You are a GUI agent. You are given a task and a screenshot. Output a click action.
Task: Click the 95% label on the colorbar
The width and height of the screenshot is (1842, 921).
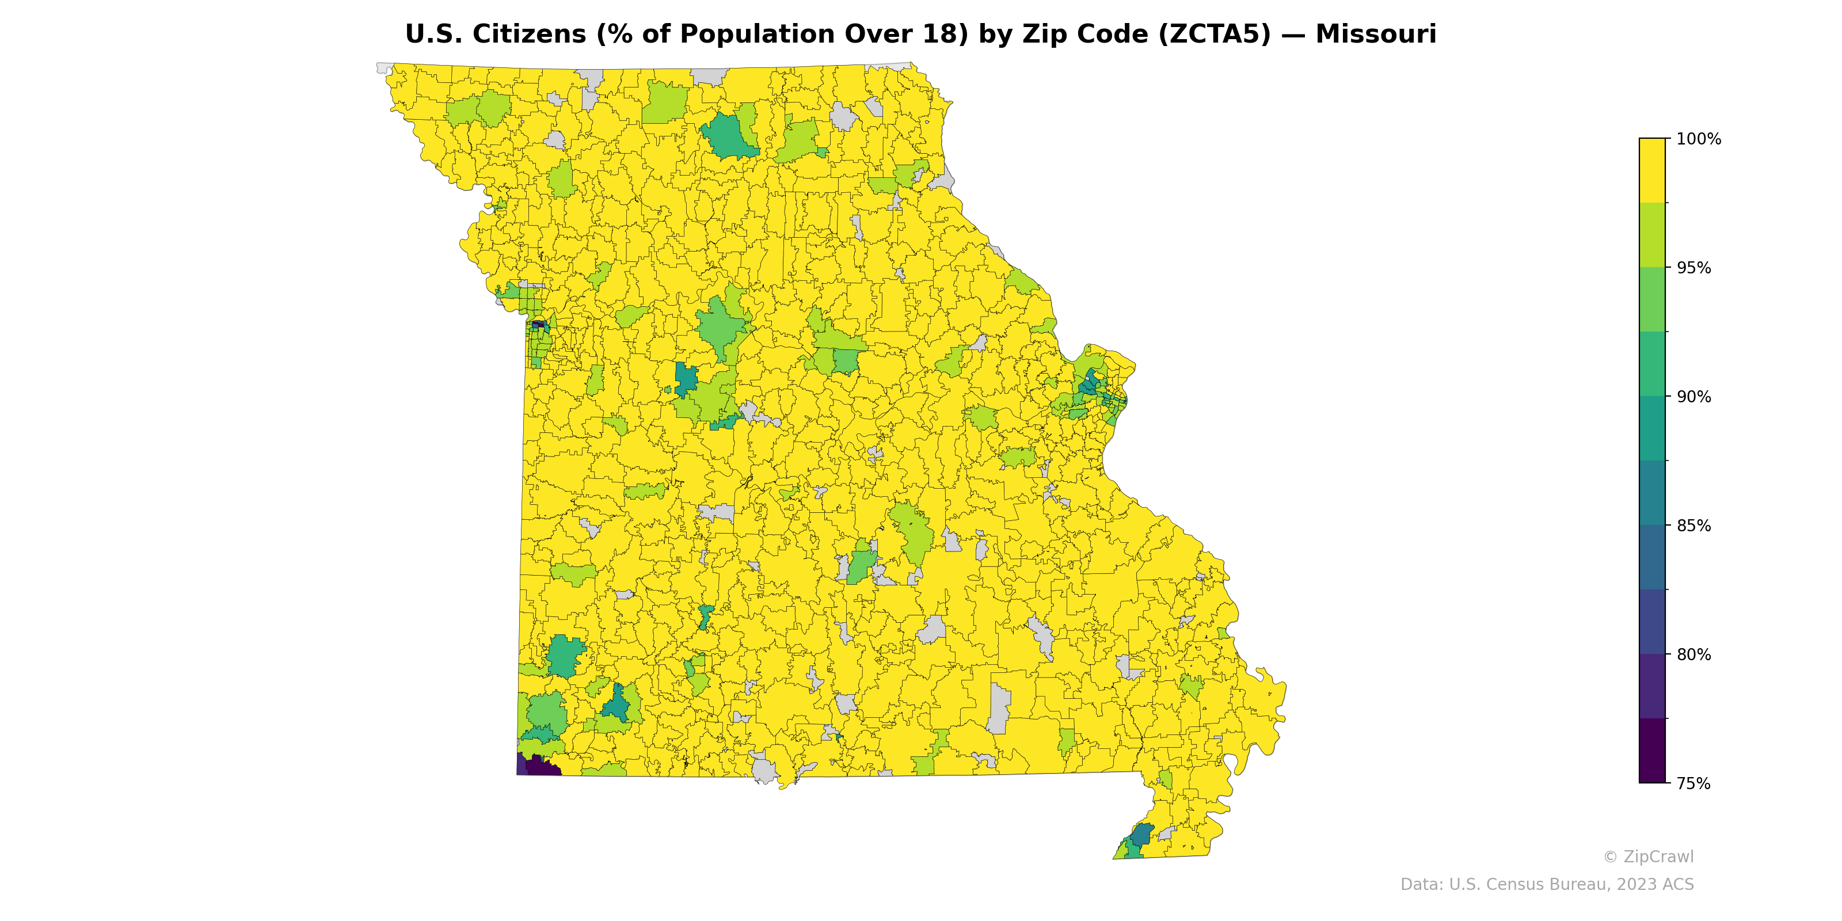point(1694,268)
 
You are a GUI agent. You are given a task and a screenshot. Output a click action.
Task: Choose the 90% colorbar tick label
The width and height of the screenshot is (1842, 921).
point(1694,397)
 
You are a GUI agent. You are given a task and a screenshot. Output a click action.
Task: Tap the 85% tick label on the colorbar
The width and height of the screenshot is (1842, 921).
point(1694,526)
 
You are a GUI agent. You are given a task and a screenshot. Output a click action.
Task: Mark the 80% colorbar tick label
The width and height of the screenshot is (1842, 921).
point(1694,654)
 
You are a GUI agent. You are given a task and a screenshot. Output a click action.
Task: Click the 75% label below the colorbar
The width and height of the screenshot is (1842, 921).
point(1694,783)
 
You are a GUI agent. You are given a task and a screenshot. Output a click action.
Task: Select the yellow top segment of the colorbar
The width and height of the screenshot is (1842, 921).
point(1652,170)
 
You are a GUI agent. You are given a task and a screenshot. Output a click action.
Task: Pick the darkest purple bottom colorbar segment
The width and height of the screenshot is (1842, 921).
point(1652,751)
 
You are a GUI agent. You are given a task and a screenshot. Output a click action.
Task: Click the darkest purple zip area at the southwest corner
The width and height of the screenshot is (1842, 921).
point(543,767)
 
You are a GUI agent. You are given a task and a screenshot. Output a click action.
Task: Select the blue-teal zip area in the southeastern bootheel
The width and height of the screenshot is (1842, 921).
point(1141,834)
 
